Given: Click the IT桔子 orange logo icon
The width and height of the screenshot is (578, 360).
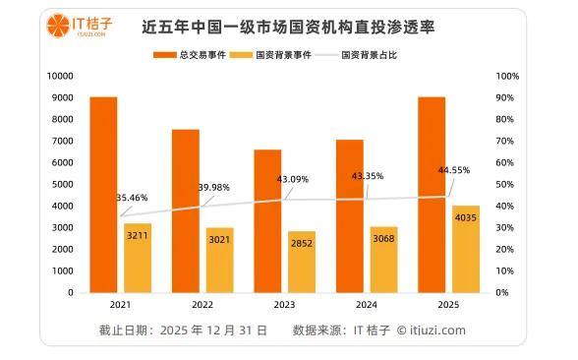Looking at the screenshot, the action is click(x=58, y=26).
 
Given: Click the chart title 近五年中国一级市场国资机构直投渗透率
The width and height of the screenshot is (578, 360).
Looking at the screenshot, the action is click(x=288, y=27).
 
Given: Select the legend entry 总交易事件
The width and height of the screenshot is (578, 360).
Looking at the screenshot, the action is click(x=190, y=55).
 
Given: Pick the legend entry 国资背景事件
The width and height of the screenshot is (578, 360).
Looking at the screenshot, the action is click(x=270, y=55).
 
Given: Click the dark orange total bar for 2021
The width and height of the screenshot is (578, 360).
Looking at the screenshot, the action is click(x=103, y=195).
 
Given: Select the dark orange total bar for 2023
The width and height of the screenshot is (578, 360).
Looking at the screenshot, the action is click(x=267, y=221).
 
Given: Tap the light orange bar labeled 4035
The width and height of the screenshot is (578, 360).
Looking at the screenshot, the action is click(x=466, y=250).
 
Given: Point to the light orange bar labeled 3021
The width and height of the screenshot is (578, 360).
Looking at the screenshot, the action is click(x=220, y=261).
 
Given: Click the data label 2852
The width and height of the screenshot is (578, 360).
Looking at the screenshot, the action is click(x=302, y=244).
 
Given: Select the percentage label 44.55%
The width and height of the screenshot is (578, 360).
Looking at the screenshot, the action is click(x=454, y=170).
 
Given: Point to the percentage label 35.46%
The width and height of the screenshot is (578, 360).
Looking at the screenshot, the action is click(x=132, y=198).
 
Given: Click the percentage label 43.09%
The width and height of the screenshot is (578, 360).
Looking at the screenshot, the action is click(x=293, y=179).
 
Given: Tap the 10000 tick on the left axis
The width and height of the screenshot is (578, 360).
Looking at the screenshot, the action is click(x=60, y=76).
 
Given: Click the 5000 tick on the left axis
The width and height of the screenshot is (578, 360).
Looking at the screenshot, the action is click(x=63, y=185).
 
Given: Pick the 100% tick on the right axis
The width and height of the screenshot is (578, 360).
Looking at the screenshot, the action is click(x=507, y=76).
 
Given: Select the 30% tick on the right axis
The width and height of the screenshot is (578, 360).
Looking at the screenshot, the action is click(x=504, y=227).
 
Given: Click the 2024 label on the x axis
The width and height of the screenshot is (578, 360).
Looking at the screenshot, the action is click(x=367, y=305).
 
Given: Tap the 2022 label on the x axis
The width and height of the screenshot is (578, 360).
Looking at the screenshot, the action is click(x=202, y=305).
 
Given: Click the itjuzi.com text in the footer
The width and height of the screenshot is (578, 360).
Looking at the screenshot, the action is click(x=437, y=330).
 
